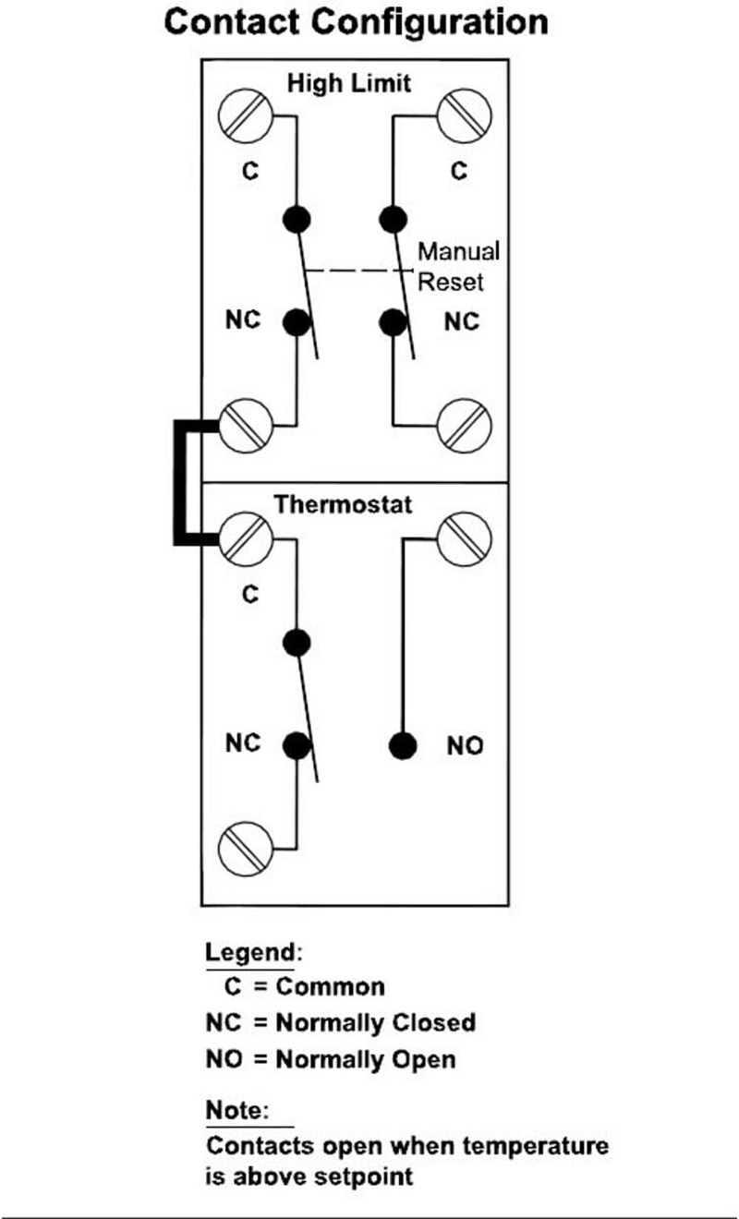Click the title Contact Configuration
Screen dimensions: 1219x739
pos(356,21)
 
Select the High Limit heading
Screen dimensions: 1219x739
pos(348,83)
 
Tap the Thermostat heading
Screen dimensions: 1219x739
pos(343,505)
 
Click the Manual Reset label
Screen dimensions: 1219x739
pos(458,266)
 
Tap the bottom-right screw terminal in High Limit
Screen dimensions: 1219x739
pos(466,426)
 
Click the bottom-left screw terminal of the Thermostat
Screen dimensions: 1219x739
pos(245,845)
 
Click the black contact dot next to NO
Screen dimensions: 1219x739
pos(401,745)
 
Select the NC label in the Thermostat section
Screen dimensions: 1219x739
pos(243,742)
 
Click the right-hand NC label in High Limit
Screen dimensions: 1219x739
pos(462,321)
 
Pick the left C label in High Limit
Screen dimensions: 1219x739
pos(249,171)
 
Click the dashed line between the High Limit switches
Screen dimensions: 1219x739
pos(356,271)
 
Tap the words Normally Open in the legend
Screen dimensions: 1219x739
pos(366,1058)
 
